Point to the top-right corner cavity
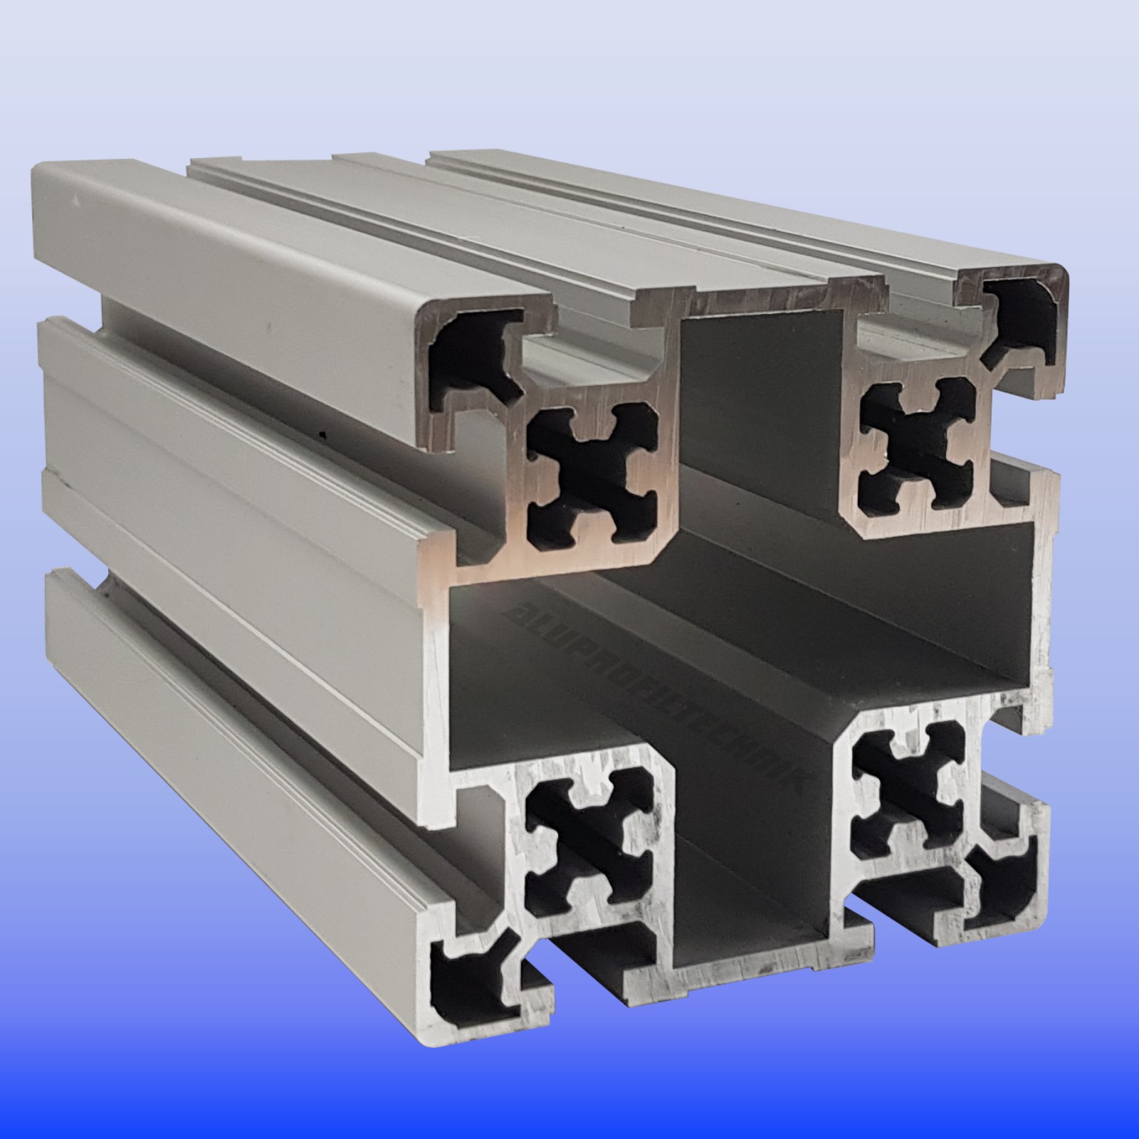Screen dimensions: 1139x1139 tap(1025, 313)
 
